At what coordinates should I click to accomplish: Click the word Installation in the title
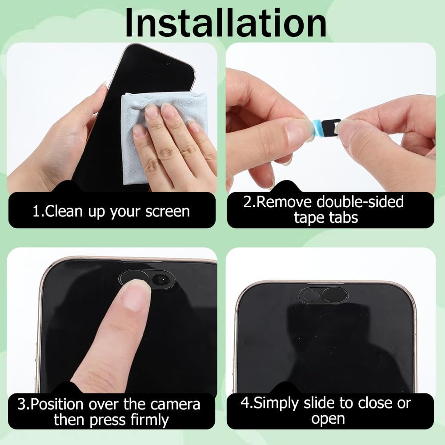[x=226, y=23]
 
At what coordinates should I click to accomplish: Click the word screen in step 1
[x=168, y=212]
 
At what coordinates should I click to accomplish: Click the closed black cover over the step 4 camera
[x=335, y=295]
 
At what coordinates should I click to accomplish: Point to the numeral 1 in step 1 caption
[x=36, y=212]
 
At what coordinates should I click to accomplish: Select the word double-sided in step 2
[x=360, y=202]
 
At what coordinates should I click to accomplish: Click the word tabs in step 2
[x=344, y=218]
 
